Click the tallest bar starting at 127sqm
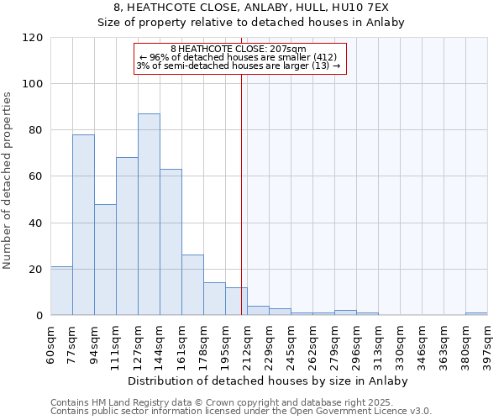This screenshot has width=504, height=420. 149,214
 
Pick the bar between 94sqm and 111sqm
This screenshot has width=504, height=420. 105,260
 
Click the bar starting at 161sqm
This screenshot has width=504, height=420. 192,285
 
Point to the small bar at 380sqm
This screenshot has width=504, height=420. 476,313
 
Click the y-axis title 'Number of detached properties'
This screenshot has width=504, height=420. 8,181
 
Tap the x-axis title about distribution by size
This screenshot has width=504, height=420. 268,381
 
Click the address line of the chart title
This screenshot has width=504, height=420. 251,7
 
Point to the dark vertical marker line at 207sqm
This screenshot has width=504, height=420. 242,193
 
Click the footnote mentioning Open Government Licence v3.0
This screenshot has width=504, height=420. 241,412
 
